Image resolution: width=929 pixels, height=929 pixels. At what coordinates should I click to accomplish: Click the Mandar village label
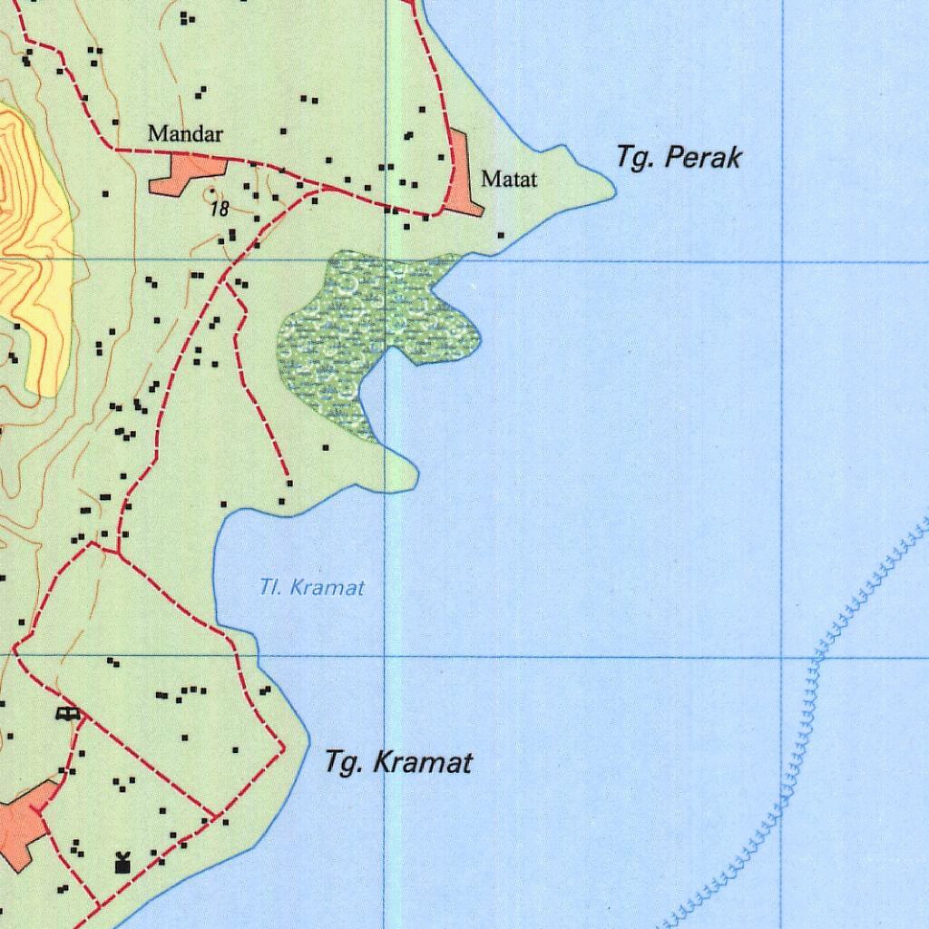pyautogui.click(x=185, y=134)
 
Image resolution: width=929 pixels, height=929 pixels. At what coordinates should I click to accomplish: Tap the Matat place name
pyautogui.click(x=509, y=179)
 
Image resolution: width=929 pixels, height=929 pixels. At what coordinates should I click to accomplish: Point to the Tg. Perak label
pyautogui.click(x=679, y=157)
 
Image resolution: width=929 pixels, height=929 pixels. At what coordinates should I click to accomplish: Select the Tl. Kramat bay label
pyautogui.click(x=312, y=588)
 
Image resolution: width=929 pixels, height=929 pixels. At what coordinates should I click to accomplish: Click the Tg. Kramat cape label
pyautogui.click(x=398, y=763)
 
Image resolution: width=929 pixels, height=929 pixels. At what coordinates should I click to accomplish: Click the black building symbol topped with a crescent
pyautogui.click(x=122, y=863)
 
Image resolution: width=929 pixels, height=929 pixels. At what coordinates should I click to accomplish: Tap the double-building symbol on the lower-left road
pyautogui.click(x=68, y=714)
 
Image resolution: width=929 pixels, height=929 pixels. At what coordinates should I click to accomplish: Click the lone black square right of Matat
pyautogui.click(x=501, y=236)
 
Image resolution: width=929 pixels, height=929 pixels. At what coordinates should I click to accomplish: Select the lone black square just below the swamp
pyautogui.click(x=326, y=447)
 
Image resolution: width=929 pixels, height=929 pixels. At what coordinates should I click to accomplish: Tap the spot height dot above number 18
pyautogui.click(x=212, y=192)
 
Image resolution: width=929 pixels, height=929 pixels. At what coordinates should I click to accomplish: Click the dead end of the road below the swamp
pyautogui.click(x=288, y=480)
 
